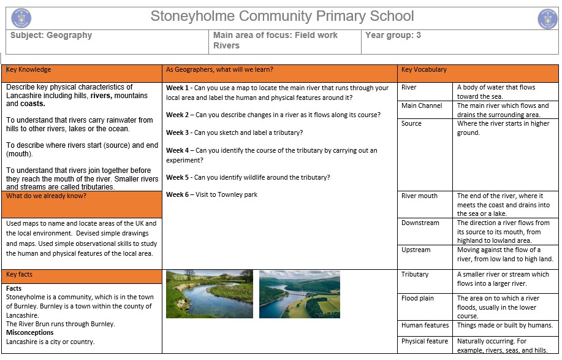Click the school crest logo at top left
point(21,18)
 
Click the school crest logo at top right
point(547,18)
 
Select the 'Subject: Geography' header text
point(51,36)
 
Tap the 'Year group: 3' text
point(393,36)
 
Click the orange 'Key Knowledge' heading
point(29,70)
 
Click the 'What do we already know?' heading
point(46,196)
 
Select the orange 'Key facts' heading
point(20,275)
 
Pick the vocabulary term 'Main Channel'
point(422,106)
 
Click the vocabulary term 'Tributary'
point(415,275)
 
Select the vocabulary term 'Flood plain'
point(417,299)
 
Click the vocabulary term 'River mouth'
point(419,196)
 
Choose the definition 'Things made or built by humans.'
point(505,326)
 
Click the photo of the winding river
point(209,294)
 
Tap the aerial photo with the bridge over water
point(299,294)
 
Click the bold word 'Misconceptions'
point(30,333)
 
